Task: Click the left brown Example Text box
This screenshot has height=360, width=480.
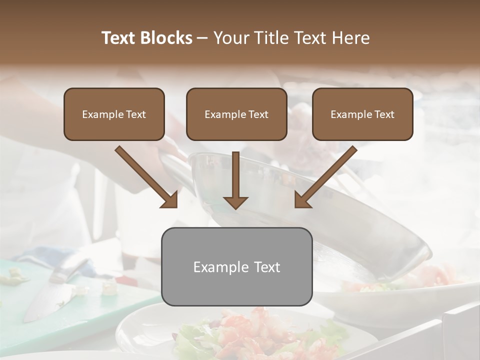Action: [114, 114]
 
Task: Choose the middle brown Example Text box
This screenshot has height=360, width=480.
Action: [236, 114]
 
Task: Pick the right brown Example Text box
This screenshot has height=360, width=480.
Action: [362, 114]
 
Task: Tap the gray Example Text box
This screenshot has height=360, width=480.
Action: [236, 266]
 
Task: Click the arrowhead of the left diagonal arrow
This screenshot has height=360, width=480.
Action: [170, 200]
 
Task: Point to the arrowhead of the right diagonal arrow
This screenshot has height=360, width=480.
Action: [301, 200]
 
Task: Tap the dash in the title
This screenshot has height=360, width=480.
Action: [202, 38]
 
